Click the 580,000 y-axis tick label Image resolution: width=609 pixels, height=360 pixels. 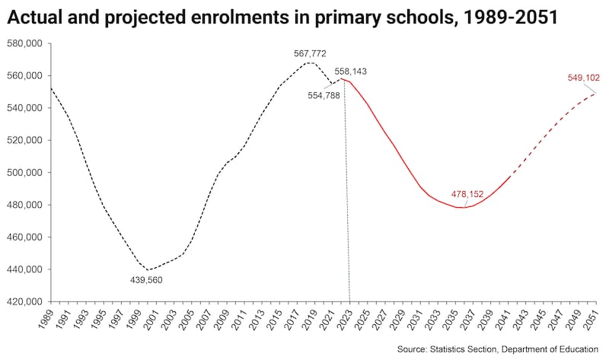[x=24, y=43]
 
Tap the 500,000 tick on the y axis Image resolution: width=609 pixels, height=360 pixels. [x=24, y=173]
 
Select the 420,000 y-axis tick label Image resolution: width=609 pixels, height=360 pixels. [x=24, y=301]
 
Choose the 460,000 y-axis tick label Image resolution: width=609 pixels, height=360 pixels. [x=24, y=237]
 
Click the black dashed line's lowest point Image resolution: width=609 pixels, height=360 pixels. [x=149, y=269]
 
